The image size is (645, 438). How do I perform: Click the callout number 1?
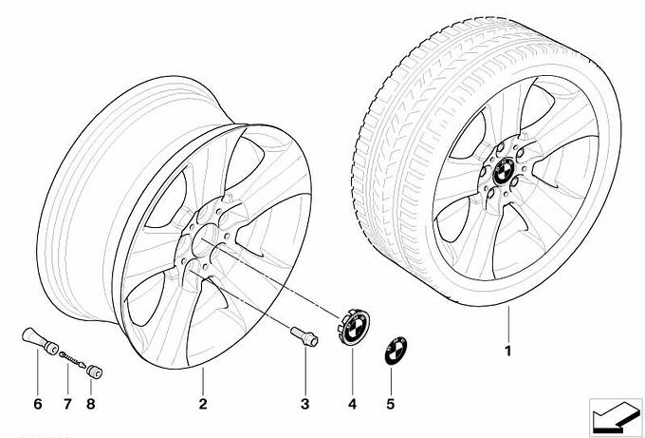click(508, 351)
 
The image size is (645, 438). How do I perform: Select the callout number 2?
click(203, 404)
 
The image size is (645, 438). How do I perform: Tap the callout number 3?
click(304, 404)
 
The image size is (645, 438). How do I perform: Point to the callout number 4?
click(352, 404)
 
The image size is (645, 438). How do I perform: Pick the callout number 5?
click(391, 404)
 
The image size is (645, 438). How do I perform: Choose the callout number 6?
click(37, 404)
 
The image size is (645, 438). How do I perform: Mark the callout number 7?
click(67, 404)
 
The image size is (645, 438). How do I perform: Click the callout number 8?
click(91, 404)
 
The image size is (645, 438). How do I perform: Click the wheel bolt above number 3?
click(304, 336)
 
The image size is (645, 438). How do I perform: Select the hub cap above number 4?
click(354, 329)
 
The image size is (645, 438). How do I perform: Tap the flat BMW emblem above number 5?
click(396, 351)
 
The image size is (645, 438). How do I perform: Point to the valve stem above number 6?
click(40, 340)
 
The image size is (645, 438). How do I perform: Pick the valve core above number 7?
click(73, 359)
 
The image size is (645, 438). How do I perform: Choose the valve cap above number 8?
click(94, 371)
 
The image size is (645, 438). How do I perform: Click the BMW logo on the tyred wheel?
click(503, 171)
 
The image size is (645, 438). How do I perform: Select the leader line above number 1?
click(508, 324)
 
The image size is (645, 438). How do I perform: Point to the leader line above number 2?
click(203, 381)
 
